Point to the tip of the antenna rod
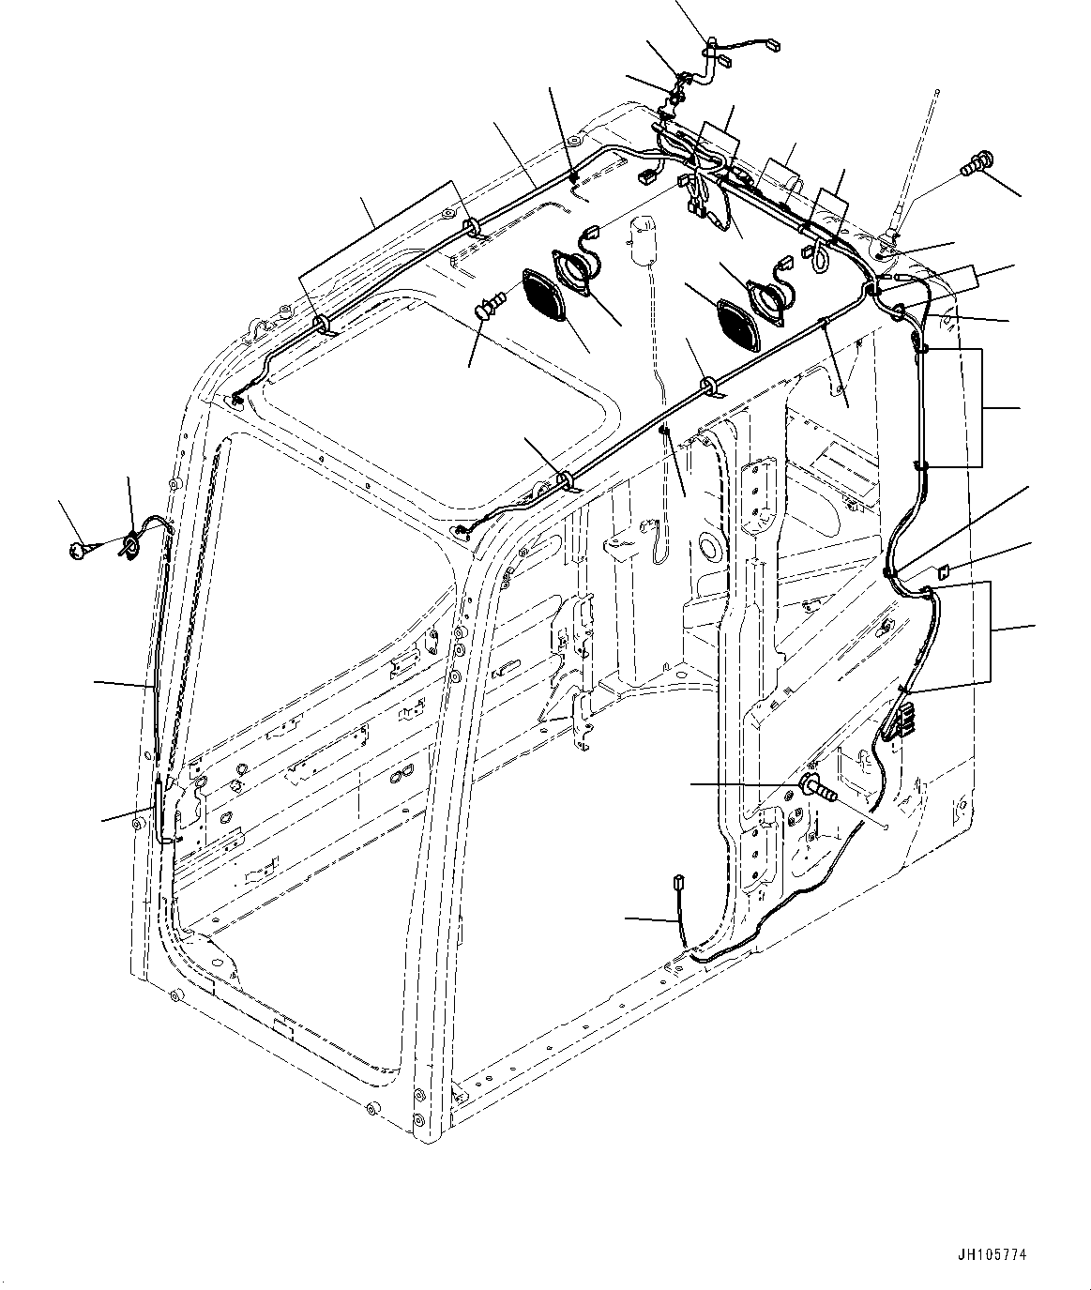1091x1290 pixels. click(x=937, y=92)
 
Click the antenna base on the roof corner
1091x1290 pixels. click(x=890, y=239)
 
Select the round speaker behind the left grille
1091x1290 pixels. click(x=573, y=266)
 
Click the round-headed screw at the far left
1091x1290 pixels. click(x=79, y=550)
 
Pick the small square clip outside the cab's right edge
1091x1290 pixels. click(x=944, y=569)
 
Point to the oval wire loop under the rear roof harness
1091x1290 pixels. click(x=818, y=257)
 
